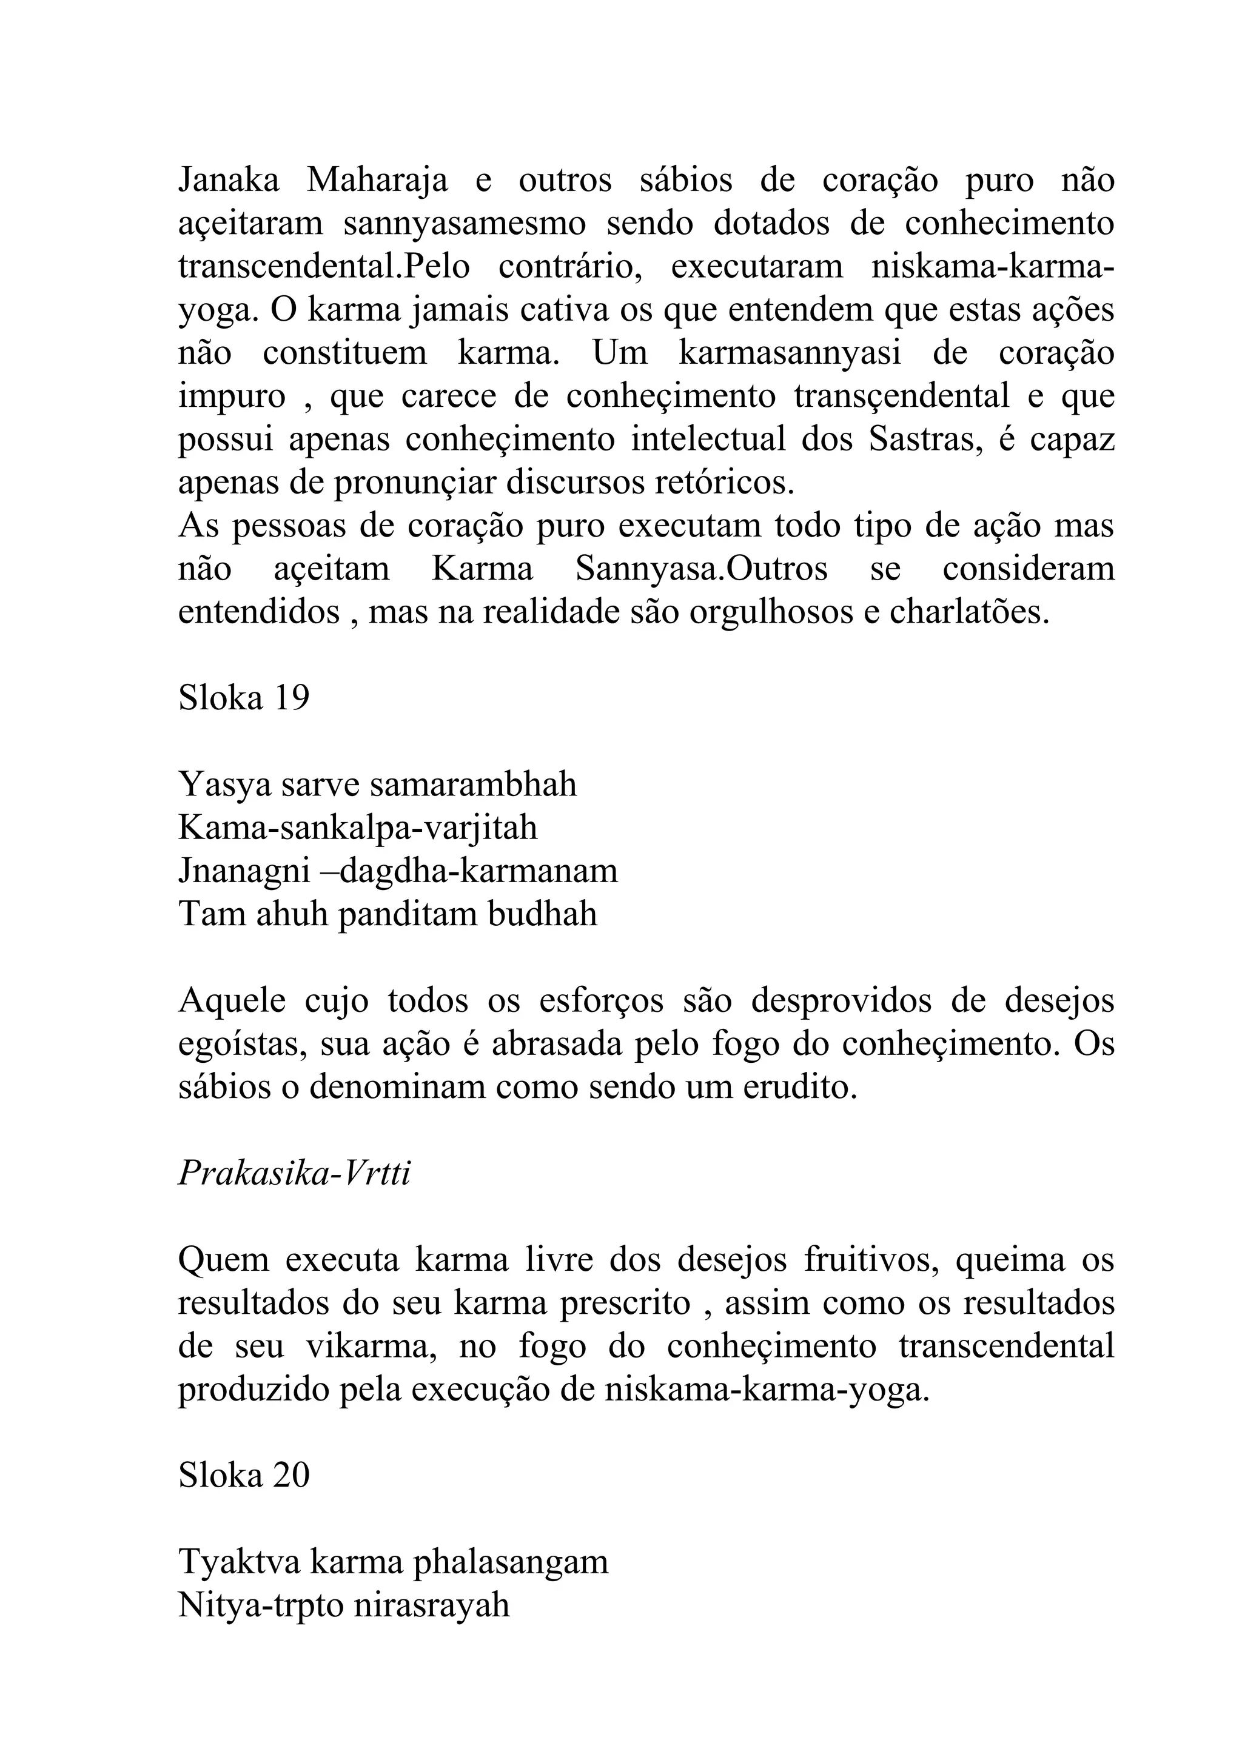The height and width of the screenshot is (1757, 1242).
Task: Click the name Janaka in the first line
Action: [228, 181]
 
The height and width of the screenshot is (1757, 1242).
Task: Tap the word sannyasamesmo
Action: [465, 224]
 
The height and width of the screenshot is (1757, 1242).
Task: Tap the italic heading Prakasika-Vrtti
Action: [295, 1174]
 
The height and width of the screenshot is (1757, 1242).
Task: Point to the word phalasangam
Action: [511, 1562]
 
